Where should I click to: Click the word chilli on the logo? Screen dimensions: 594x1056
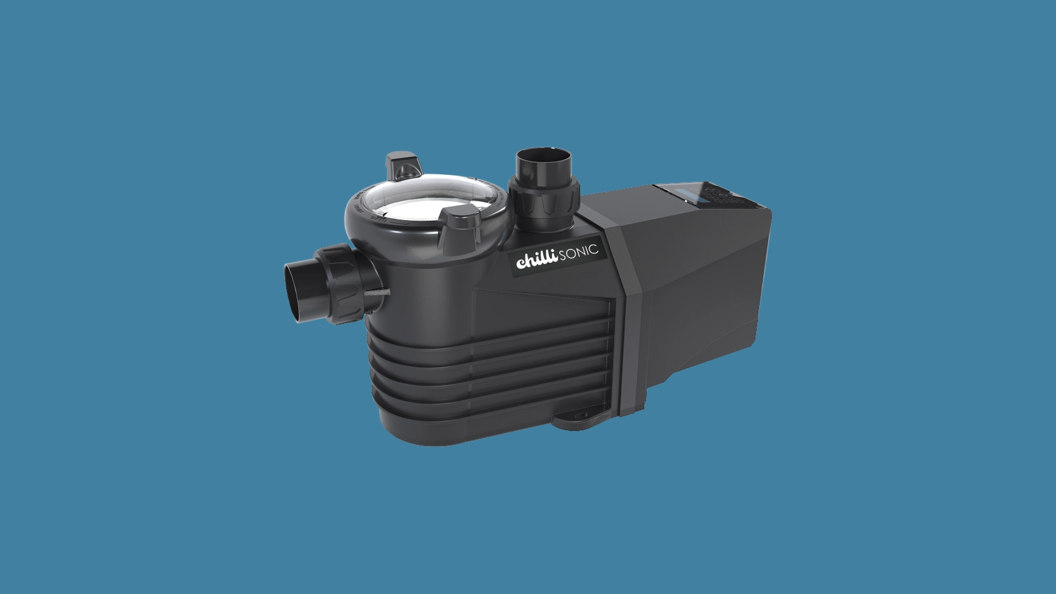coord(537,260)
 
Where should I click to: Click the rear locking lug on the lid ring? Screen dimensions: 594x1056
coord(404,164)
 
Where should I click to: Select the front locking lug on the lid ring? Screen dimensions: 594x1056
coord(462,225)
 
